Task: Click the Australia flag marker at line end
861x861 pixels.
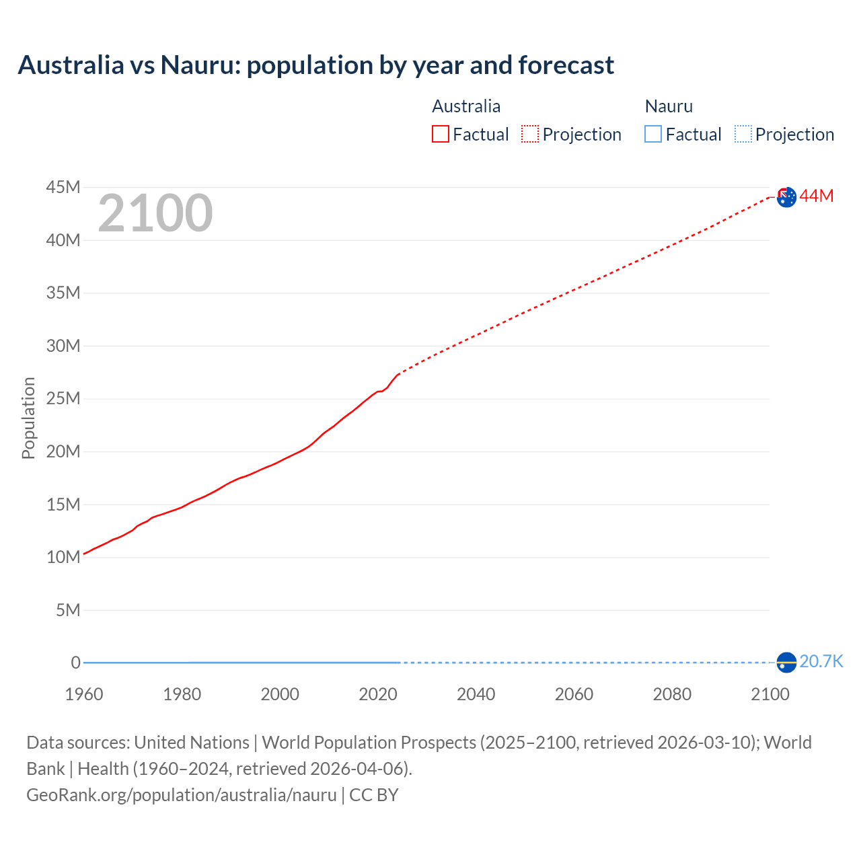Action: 786,197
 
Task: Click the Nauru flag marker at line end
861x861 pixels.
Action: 786,663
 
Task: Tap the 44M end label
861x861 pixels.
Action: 817,196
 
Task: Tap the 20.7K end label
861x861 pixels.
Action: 821,661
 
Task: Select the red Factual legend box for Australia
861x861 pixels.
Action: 440,134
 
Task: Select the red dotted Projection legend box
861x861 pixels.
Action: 530,134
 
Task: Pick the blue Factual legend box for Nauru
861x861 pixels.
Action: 652,134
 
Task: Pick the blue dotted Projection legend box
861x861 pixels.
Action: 743,134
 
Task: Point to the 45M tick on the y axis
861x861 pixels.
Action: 63,187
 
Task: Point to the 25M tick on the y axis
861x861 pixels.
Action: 63,398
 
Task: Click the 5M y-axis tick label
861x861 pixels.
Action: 68,610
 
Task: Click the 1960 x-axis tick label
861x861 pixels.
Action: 84,694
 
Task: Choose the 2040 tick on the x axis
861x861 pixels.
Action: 476,694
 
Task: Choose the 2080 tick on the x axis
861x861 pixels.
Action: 672,694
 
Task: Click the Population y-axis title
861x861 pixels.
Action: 28,418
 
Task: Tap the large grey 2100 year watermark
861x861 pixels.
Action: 155,213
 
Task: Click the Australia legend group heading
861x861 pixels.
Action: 466,106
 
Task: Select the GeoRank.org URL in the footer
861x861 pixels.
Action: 182,795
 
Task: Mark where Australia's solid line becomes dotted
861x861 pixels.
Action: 399,373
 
